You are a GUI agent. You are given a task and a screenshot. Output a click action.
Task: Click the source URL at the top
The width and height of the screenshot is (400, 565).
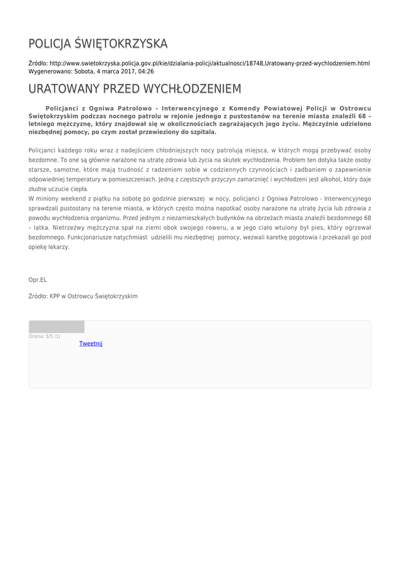click(210, 64)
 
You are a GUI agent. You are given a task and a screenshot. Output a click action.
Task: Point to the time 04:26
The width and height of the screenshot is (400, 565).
click(146, 72)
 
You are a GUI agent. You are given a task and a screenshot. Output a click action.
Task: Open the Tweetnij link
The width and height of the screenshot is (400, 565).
click(91, 344)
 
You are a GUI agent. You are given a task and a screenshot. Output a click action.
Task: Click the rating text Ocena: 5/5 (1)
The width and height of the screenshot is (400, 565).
click(45, 336)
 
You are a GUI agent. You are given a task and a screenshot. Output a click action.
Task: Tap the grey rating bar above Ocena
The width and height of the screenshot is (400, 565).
click(56, 327)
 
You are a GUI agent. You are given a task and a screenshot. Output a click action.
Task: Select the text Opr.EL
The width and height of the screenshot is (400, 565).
click(38, 280)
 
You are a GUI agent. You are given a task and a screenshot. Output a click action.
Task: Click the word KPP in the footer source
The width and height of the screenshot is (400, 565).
click(55, 296)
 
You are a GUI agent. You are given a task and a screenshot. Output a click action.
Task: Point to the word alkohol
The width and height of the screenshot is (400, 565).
click(337, 179)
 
